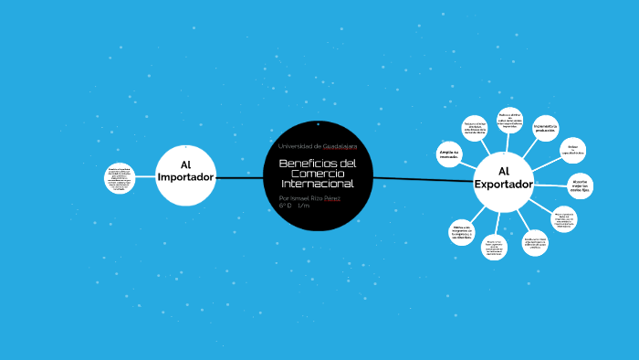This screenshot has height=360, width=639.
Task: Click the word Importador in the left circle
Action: [x=185, y=176]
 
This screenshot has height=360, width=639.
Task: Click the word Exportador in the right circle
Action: [x=503, y=185]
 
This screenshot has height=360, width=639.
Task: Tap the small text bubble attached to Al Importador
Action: [x=120, y=179]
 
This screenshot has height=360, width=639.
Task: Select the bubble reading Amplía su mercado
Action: [x=448, y=154]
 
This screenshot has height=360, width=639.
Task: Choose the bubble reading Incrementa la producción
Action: [x=545, y=129]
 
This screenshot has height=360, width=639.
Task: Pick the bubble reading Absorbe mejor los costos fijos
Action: [x=580, y=185]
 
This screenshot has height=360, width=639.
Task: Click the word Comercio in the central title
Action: [x=317, y=174]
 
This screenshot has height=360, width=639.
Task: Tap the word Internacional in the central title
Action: [x=317, y=185]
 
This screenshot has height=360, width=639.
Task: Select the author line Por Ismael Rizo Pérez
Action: [x=309, y=197]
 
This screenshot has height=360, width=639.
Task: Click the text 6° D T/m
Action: [x=294, y=206]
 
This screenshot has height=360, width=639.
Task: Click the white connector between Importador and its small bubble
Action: [x=144, y=178]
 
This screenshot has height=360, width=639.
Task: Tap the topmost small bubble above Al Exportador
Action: [x=509, y=121]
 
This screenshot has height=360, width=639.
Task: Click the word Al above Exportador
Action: [x=503, y=171]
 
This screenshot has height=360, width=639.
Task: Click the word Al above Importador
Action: [x=185, y=164]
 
